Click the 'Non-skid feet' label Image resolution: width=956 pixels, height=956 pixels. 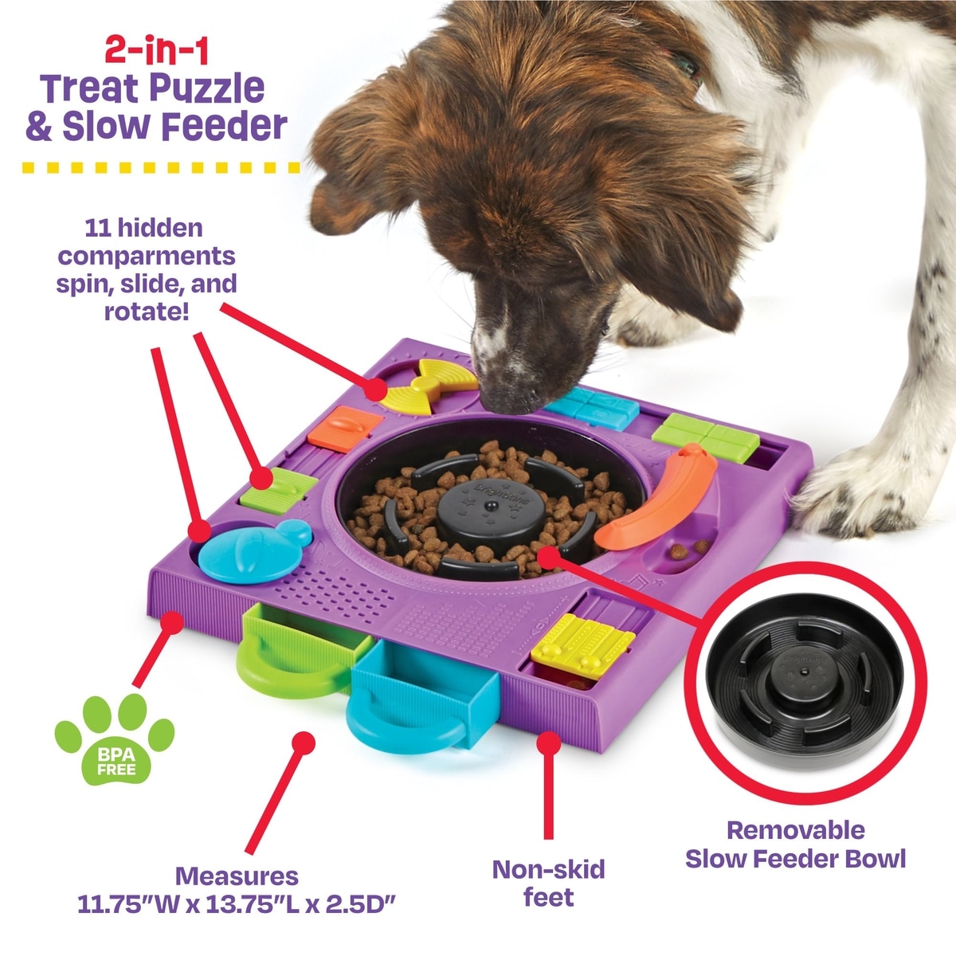tap(548, 883)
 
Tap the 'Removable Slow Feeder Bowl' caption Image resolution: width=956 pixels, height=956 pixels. tap(795, 844)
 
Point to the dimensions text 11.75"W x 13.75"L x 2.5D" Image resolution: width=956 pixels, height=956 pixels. tap(237, 905)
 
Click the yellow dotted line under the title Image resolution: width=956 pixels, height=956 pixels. tap(159, 168)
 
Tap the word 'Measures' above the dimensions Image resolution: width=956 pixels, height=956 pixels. tap(237, 876)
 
